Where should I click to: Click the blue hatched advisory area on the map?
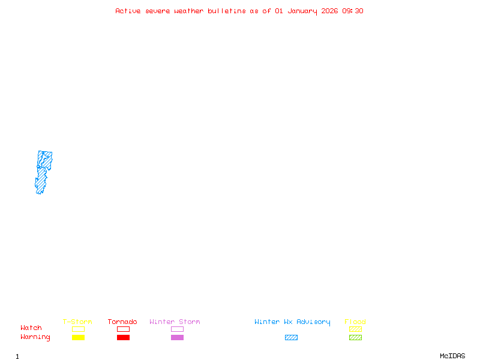pos(44,161)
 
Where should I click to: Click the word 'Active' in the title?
pos(128,11)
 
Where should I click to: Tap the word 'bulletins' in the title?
pos(227,11)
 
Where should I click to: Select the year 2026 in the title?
pos(330,11)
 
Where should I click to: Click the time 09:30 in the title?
pos(353,11)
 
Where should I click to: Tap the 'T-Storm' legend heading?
pos(77,322)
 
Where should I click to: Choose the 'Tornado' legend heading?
pos(122,322)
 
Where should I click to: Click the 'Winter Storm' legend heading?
pos(175,322)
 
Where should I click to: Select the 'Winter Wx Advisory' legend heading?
pos(292,322)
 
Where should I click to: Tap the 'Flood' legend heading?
pos(355,322)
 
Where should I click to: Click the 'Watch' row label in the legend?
pos(31,328)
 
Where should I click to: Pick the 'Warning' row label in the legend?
pos(35,337)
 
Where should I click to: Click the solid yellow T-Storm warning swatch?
pos(78,337)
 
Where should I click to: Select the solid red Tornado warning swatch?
pos(123,337)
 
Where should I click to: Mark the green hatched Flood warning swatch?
pos(355,337)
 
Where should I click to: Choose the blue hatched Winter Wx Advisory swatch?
pos(291,337)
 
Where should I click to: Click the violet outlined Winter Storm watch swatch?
pos(177,329)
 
